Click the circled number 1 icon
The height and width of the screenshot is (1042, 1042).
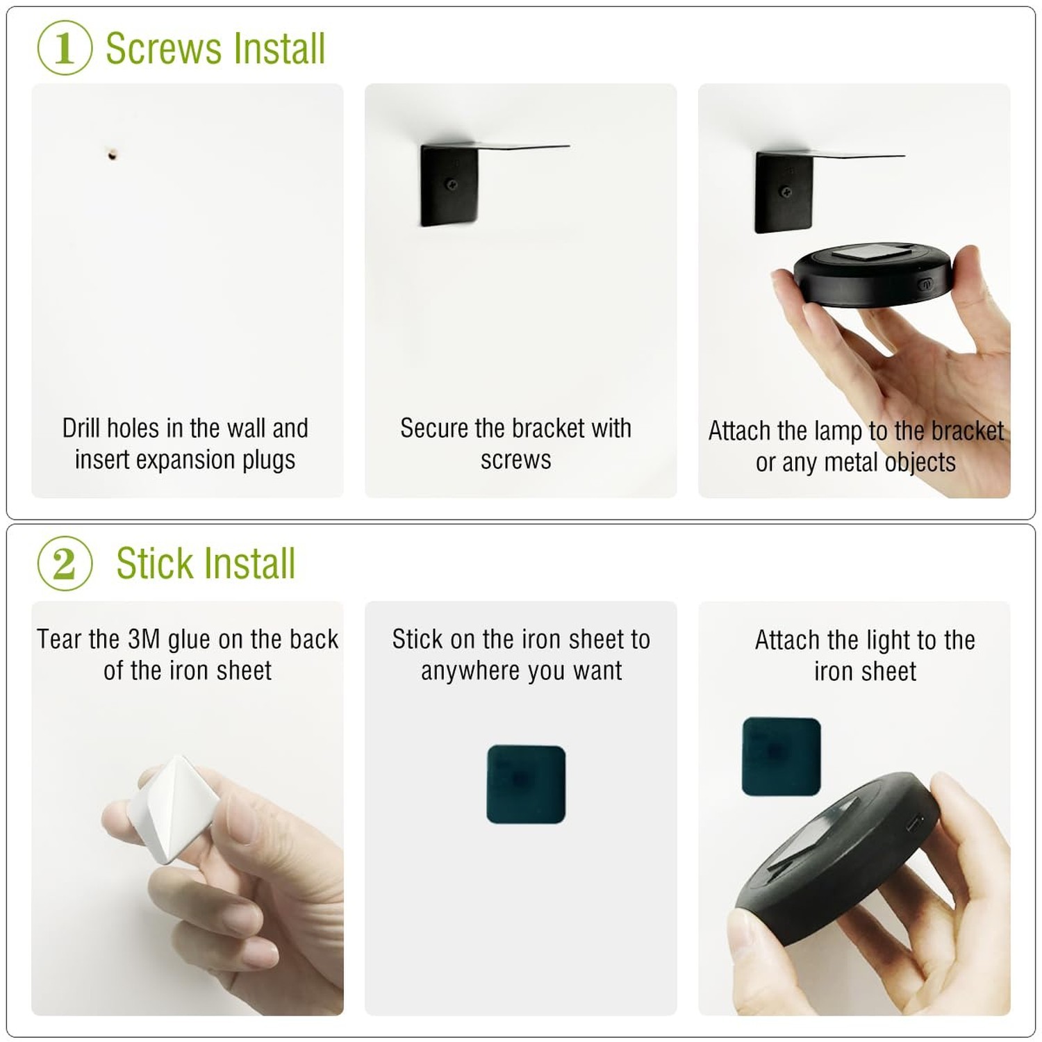pyautogui.click(x=65, y=48)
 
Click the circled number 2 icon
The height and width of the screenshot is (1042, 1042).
pyautogui.click(x=65, y=563)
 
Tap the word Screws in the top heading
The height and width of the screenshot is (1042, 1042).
pyautogui.click(x=163, y=49)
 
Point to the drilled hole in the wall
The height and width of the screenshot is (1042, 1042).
pyautogui.click(x=113, y=154)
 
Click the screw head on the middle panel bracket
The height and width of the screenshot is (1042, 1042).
pyautogui.click(x=452, y=185)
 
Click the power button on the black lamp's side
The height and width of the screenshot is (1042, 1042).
pyautogui.click(x=925, y=284)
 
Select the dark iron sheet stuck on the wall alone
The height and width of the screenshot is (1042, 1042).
pyautogui.click(x=526, y=784)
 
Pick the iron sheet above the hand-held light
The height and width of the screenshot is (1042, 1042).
pyautogui.click(x=781, y=756)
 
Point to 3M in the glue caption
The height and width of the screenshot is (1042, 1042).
pyautogui.click(x=144, y=639)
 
